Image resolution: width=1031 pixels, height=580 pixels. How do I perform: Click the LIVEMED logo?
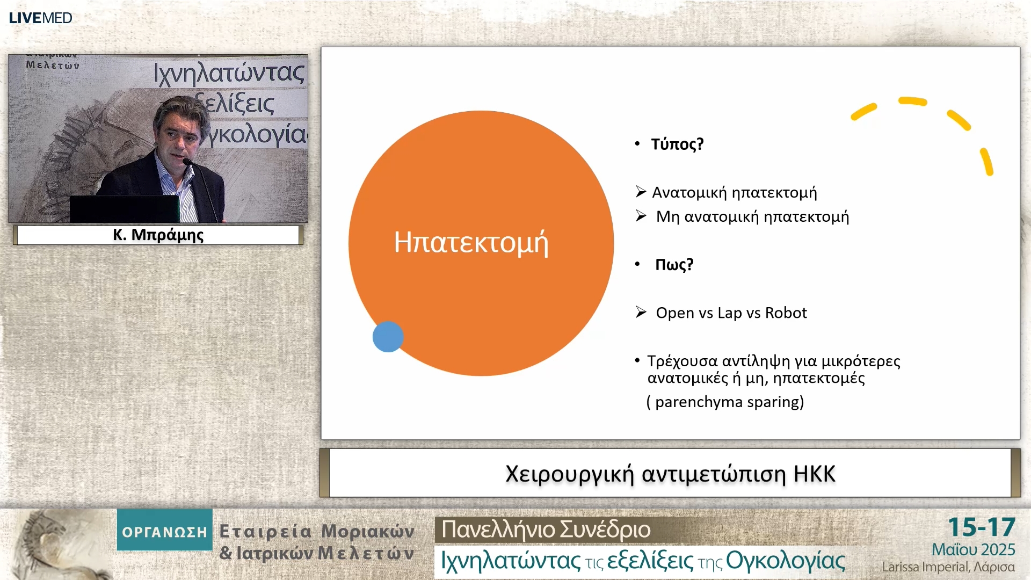pyautogui.click(x=40, y=18)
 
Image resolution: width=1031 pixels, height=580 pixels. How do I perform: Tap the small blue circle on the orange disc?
pyautogui.click(x=388, y=337)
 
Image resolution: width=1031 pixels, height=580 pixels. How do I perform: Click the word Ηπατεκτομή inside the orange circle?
pyautogui.click(x=471, y=243)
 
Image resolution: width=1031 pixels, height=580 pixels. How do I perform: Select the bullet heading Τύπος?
pyautogui.click(x=677, y=144)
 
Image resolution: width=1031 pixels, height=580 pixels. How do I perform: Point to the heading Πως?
pyautogui.click(x=674, y=264)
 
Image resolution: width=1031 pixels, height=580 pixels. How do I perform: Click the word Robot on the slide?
pyautogui.click(x=786, y=313)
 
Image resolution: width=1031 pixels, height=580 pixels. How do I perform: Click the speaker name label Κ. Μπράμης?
pyautogui.click(x=158, y=235)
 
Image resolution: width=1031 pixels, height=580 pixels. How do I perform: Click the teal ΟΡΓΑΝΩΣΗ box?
pyautogui.click(x=165, y=530)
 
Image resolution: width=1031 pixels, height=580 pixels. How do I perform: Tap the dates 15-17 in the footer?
pyautogui.click(x=981, y=527)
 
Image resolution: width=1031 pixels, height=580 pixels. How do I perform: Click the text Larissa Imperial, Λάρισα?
pyautogui.click(x=948, y=567)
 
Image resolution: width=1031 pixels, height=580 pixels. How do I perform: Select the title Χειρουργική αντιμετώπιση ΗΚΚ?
pyautogui.click(x=670, y=474)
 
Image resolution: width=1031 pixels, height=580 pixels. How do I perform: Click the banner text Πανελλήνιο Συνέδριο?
pyautogui.click(x=546, y=530)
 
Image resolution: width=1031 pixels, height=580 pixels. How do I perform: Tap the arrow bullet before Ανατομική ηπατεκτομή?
pyautogui.click(x=641, y=191)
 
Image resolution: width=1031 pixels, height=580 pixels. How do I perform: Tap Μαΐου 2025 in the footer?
pyautogui.click(x=973, y=550)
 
